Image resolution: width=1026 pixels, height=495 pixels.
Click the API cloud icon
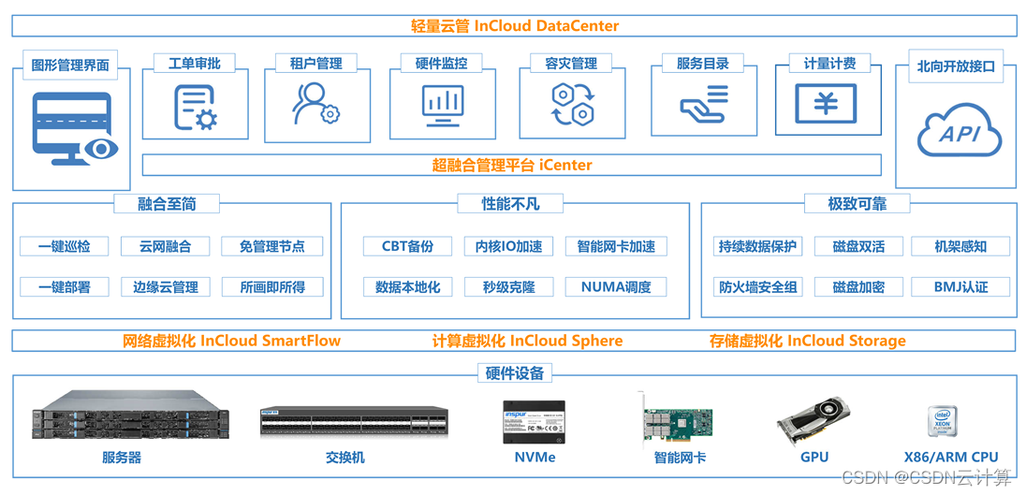pos(959,134)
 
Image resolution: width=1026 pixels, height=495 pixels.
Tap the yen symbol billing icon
pos(826,104)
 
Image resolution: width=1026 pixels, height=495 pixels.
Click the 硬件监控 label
pos(441,64)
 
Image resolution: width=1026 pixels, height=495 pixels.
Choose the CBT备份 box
pos(407,246)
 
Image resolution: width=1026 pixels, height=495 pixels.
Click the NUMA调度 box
pos(615,286)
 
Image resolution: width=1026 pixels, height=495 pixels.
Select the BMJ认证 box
pos(960,286)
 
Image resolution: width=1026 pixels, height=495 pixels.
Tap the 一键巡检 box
pos(65,246)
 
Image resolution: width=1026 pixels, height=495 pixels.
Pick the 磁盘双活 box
pos(858,246)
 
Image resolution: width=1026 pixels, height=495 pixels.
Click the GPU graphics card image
pos(813,420)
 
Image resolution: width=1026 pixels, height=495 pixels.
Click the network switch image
pos(354,422)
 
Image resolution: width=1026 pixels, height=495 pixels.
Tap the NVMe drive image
pos(535,423)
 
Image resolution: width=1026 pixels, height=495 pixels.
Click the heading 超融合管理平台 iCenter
pos(512,166)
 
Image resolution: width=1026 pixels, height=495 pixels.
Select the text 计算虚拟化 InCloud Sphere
pos(527,341)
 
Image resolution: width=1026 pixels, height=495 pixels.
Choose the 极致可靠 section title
pos(857,203)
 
